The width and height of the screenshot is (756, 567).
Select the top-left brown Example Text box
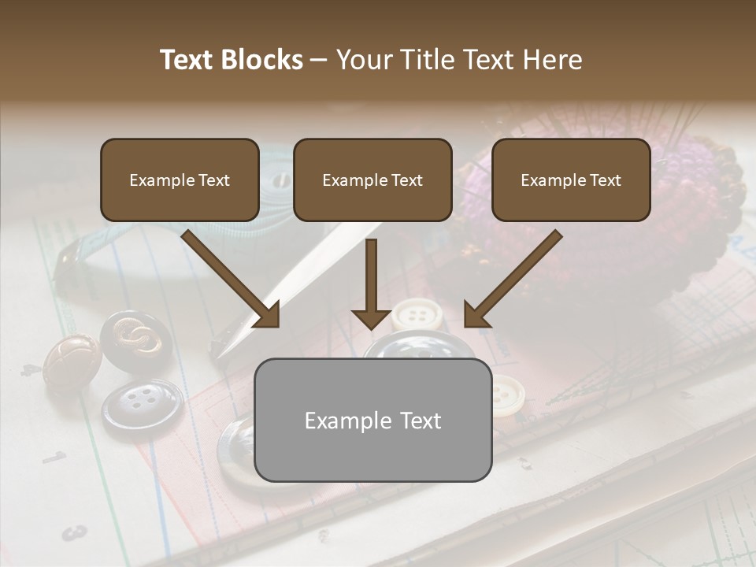(180, 180)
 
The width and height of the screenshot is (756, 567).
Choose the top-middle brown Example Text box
(372, 180)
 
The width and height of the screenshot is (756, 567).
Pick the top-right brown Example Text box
(571, 180)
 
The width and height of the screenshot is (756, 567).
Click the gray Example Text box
(372, 421)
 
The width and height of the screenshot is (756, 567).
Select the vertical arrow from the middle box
(372, 283)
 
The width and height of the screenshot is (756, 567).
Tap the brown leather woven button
(71, 361)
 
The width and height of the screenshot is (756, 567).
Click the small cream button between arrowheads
(417, 315)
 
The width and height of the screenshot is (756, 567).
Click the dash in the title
(319, 60)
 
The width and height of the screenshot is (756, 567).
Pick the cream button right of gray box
(507, 394)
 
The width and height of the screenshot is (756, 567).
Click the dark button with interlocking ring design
(135, 340)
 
